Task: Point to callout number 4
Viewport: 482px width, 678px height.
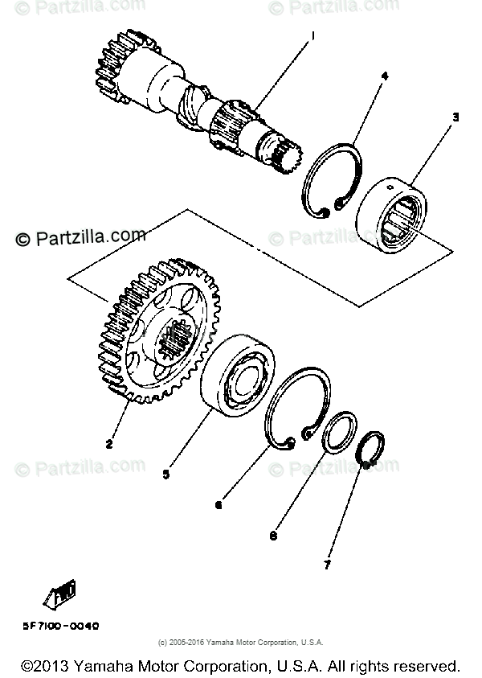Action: coord(385,76)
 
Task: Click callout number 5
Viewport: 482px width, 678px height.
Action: coord(166,474)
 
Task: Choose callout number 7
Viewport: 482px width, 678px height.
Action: coord(327,565)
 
